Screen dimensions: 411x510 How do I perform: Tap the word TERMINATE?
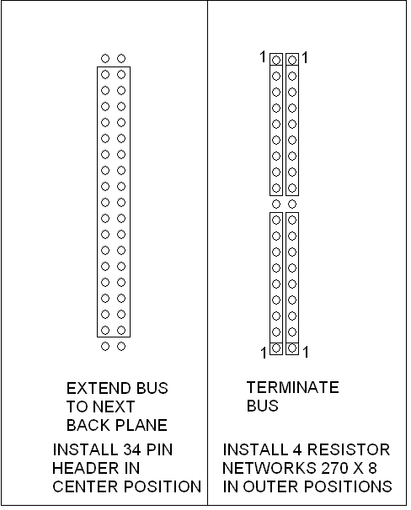(x=293, y=387)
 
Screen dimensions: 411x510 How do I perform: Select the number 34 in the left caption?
(x=132, y=449)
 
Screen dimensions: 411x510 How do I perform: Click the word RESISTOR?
(x=348, y=449)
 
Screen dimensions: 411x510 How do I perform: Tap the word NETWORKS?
(x=270, y=468)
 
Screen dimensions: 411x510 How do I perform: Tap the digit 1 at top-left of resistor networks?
(x=263, y=57)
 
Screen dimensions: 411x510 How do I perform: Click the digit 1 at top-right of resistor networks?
(x=305, y=58)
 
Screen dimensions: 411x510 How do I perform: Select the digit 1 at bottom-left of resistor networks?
(x=264, y=353)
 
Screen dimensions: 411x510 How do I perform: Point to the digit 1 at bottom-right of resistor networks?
(x=305, y=352)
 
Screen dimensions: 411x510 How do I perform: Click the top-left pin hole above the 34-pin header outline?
(x=105, y=59)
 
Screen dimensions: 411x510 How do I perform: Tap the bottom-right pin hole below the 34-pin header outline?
(x=121, y=347)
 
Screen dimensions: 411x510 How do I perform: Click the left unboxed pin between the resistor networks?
(x=276, y=205)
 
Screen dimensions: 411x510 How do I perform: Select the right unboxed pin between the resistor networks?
(x=292, y=205)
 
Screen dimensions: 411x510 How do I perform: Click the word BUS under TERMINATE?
(x=262, y=406)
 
